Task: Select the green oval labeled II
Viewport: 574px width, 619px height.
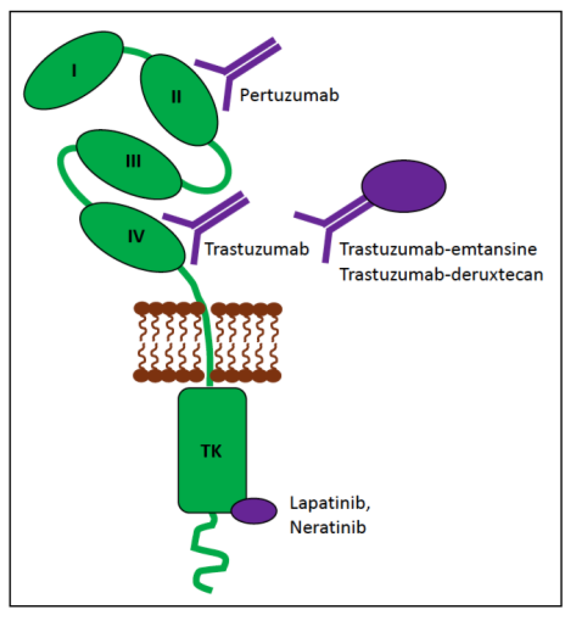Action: point(179,100)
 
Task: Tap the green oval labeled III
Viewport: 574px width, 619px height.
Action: point(129,164)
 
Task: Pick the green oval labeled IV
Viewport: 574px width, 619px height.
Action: point(132,237)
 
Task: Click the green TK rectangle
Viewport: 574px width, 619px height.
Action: point(212,450)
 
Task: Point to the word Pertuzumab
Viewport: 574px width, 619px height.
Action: point(289,95)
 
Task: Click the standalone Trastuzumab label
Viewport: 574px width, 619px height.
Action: point(257,249)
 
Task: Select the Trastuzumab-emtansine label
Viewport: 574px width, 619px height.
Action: point(438,249)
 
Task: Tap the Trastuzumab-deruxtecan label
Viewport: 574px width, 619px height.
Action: point(441,274)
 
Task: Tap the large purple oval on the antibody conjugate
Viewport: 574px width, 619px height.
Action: point(403,186)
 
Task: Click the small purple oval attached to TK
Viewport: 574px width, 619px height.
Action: point(254,511)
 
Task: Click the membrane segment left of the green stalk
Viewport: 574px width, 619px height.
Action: point(168,342)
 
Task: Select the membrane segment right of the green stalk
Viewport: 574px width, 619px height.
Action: point(246,342)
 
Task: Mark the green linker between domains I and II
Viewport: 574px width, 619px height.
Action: point(136,52)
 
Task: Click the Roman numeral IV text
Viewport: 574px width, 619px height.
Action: point(136,236)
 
